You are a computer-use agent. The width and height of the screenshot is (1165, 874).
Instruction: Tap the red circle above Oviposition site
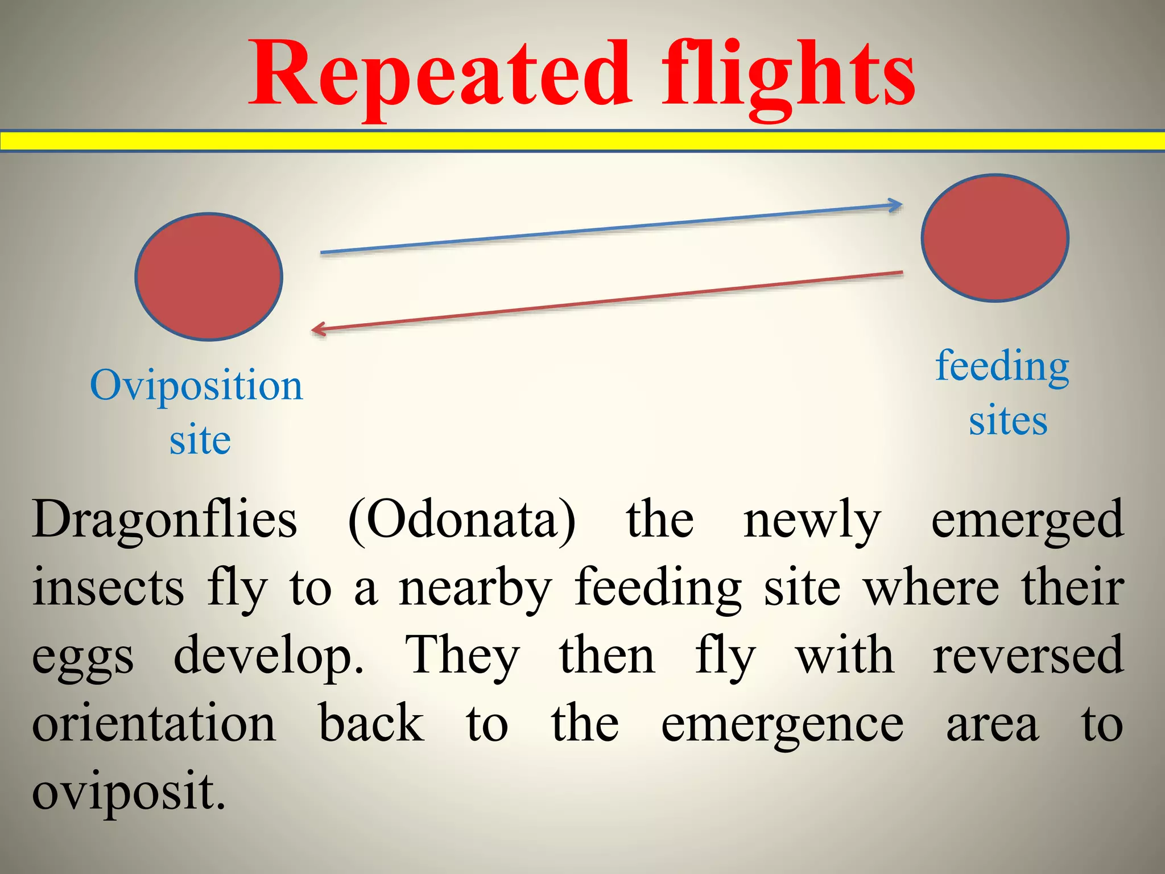coord(209,277)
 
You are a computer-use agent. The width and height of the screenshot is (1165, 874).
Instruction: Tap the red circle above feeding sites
coord(995,238)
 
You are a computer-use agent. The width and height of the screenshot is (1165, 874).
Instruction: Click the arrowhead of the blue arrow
coord(897,205)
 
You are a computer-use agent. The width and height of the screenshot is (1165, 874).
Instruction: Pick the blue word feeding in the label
coord(1002,367)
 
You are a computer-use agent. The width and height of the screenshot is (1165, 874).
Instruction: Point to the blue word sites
coord(1008,421)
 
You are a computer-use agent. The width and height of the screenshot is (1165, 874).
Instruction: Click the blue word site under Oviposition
coord(200,440)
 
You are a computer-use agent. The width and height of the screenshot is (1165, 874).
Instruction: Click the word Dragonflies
coord(164,520)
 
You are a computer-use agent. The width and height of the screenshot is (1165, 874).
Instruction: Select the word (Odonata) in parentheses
coord(461,520)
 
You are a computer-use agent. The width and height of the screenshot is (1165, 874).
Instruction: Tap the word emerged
coord(1027,520)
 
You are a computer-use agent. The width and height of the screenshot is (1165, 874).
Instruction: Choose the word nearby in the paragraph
coord(475,589)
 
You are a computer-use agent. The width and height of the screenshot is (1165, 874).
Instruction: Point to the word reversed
coord(1028,656)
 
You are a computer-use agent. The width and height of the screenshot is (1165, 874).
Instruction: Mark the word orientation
coord(154,724)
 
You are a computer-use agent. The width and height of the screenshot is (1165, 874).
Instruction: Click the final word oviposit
coord(129,793)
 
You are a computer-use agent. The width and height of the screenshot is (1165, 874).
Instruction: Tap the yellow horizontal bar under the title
coord(582,141)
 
